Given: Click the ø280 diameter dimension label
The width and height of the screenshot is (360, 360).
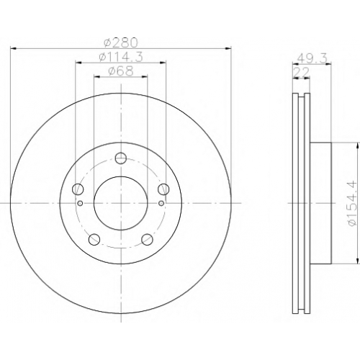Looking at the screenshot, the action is (121, 42).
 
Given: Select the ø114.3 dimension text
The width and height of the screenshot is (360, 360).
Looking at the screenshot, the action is (121, 57).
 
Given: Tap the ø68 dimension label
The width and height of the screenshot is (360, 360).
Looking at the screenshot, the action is (121, 71).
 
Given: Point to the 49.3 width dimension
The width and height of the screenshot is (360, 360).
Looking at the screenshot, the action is (312, 58).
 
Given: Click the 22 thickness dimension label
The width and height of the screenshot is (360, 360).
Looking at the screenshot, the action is (302, 72).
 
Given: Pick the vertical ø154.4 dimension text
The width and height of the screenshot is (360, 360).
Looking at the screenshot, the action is (352, 203).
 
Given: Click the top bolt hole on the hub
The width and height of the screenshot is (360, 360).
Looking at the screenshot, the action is (121, 158).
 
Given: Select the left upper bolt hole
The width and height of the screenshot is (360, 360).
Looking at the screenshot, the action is (78, 189).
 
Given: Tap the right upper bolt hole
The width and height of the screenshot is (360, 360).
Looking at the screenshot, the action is (163, 189).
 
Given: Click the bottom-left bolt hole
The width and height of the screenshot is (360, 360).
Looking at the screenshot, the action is (94, 239).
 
